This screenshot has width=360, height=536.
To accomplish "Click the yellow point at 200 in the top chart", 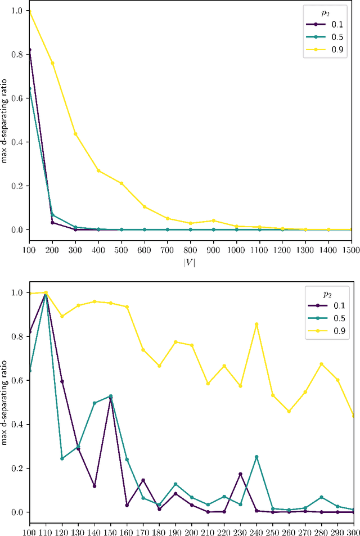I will [52, 63].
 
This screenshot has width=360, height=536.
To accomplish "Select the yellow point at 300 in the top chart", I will [75, 134].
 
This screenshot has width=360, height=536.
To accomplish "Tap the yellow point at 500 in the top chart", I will [121, 183].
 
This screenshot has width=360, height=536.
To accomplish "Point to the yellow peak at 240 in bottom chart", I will [256, 324].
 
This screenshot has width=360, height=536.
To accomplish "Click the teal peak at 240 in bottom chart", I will [256, 457].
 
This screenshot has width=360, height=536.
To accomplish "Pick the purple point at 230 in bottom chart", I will [240, 474].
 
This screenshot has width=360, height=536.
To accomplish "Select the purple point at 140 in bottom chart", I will [94, 486].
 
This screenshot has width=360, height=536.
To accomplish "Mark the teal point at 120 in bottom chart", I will [62, 458].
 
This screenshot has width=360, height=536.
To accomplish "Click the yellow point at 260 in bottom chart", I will [289, 411].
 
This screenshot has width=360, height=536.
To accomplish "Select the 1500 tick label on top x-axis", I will [351, 247].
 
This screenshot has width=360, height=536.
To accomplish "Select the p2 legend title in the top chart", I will [325, 11].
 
